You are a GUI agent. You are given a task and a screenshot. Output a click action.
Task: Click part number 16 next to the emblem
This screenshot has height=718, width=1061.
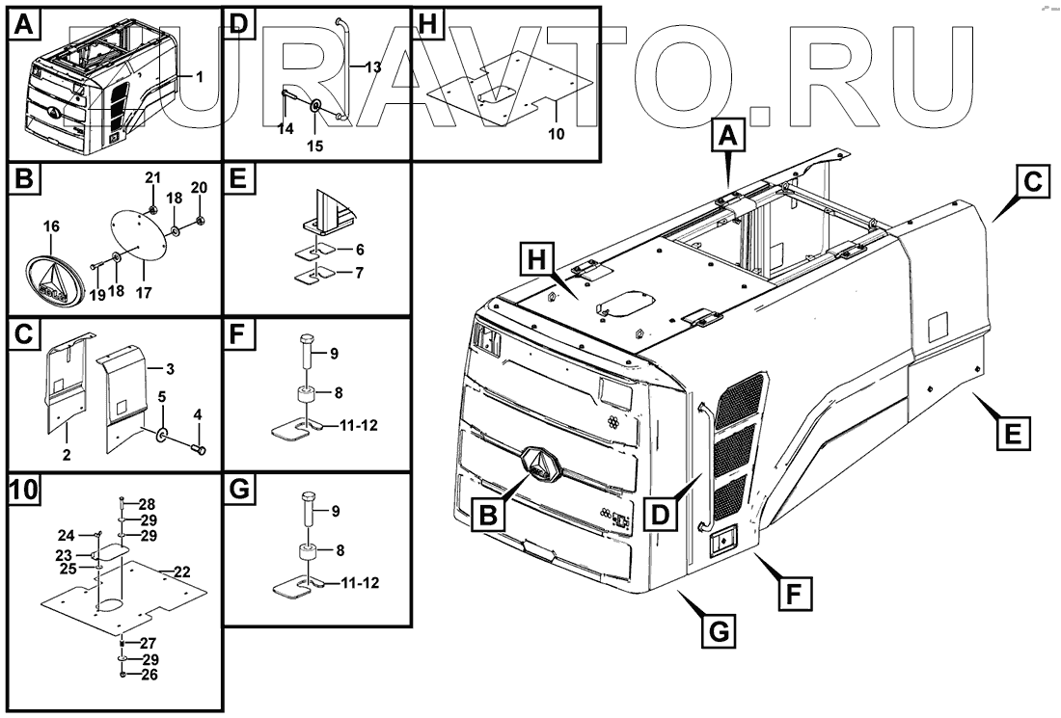click(51, 227)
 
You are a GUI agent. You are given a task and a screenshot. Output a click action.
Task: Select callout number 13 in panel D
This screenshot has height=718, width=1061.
click(373, 66)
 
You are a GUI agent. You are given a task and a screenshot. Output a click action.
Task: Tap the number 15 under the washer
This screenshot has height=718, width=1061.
click(315, 146)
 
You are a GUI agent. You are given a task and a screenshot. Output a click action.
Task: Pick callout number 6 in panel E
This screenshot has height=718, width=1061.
click(359, 249)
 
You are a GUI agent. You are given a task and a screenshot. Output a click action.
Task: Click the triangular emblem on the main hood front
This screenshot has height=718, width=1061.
click(540, 466)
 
